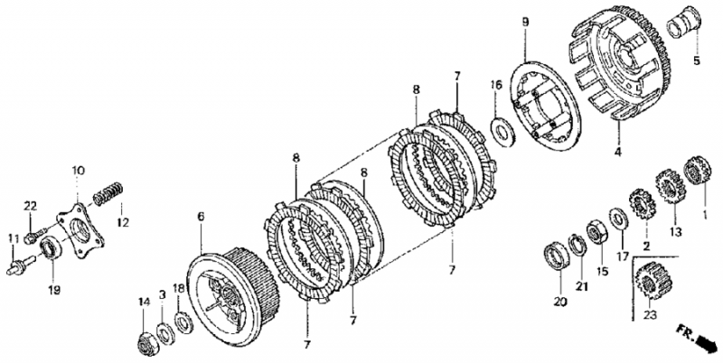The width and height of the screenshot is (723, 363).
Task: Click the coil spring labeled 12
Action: click(x=108, y=194)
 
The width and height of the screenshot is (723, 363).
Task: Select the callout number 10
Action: click(x=78, y=171)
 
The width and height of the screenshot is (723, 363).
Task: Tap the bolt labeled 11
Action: click(x=21, y=265)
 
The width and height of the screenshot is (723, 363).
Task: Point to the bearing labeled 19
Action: click(x=51, y=247)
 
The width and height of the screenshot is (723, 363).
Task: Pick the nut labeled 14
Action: click(x=148, y=344)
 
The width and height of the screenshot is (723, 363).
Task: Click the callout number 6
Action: click(x=201, y=216)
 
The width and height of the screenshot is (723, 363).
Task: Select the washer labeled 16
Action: click(x=502, y=132)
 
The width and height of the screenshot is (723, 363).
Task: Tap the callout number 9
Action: click(x=526, y=21)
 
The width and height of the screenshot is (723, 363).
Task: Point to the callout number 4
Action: click(x=617, y=151)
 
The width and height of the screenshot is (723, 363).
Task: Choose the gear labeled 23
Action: click(x=651, y=280)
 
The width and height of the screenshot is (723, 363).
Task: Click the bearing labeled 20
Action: click(x=557, y=257)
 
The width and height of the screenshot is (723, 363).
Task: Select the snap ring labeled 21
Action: click(x=577, y=245)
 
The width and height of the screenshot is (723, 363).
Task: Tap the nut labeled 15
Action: click(x=597, y=232)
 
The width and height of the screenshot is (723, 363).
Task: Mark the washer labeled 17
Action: click(x=618, y=219)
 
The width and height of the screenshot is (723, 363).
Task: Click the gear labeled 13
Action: click(x=670, y=186)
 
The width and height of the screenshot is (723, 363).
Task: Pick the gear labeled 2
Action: click(x=643, y=203)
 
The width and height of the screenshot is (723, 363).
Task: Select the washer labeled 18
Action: click(x=184, y=322)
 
